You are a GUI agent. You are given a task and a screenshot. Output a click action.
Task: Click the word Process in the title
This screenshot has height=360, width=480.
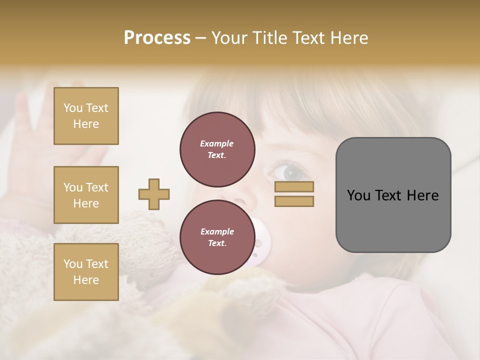(x=157, y=38)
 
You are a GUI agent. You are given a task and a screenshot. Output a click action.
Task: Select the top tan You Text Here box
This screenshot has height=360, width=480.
(x=86, y=116)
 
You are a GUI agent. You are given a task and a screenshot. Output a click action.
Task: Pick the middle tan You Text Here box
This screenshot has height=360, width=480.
(x=86, y=195)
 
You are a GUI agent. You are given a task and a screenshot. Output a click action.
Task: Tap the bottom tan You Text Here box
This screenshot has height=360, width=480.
(x=86, y=272)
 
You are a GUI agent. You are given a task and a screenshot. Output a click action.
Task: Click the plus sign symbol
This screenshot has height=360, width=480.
(x=154, y=194)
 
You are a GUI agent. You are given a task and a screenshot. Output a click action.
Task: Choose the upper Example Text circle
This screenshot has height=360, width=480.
(x=217, y=149)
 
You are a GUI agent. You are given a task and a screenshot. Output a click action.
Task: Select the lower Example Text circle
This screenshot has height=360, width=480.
(x=217, y=237)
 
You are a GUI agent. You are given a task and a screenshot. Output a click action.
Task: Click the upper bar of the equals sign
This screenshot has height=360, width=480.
(x=294, y=187)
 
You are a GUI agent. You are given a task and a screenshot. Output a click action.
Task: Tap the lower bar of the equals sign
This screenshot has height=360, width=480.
(x=294, y=201)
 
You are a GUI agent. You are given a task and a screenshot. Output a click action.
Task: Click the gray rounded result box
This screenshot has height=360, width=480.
(x=393, y=195)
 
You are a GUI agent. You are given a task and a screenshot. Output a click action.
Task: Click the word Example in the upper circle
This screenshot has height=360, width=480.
(x=217, y=144)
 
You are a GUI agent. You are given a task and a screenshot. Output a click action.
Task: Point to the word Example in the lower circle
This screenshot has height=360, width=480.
(x=217, y=232)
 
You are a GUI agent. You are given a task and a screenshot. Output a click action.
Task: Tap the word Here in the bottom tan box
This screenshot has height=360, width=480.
(x=86, y=280)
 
